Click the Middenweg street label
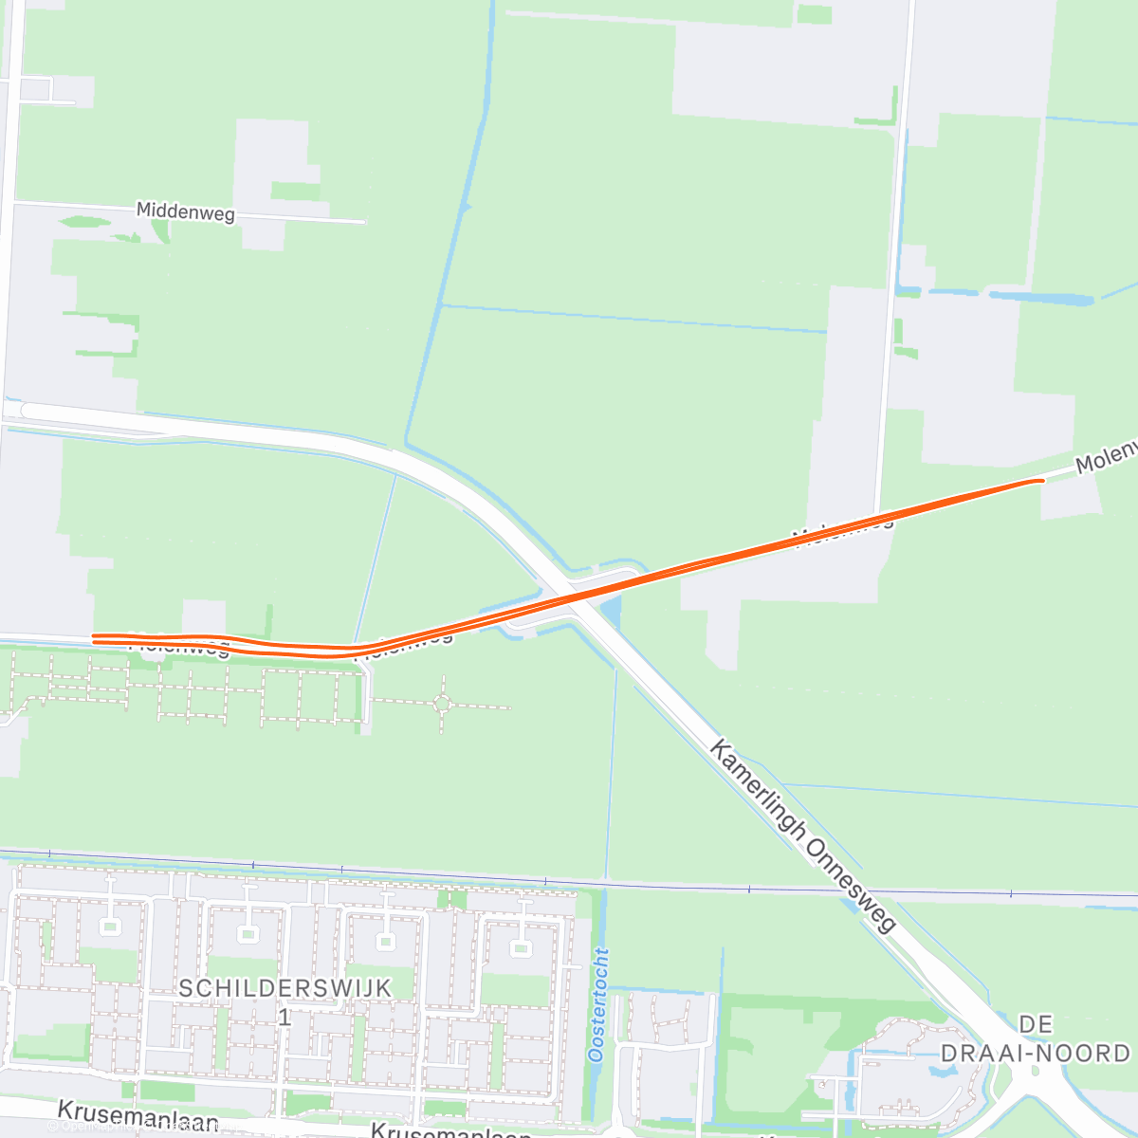pos(186,211)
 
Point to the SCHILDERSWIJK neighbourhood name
pos(285,988)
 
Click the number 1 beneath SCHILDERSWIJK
pos(284,1018)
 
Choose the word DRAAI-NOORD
pos(1036,1053)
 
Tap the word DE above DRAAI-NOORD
pos(1036,1024)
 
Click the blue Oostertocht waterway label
pos(597,1004)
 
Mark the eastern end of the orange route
pos(1040,481)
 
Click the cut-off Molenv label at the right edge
pos(1106,457)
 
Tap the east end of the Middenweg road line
pos(363,222)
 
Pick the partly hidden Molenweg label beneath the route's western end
pos(180,650)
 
